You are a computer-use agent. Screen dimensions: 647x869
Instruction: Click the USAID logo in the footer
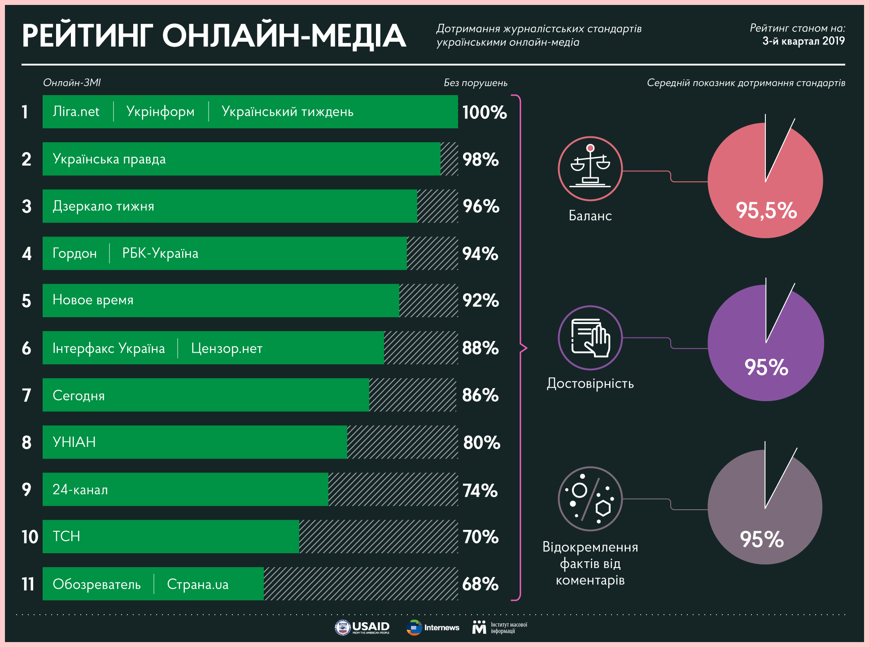click(362, 627)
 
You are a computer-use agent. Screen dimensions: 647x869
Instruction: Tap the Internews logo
click(433, 627)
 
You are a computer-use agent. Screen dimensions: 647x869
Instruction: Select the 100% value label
click(485, 112)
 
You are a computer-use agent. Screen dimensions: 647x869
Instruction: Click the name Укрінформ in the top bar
click(160, 112)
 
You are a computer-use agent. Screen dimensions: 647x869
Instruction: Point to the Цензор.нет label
click(227, 348)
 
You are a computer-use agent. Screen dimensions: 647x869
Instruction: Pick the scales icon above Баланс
click(590, 168)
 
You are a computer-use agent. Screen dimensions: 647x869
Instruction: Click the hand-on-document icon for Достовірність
click(590, 338)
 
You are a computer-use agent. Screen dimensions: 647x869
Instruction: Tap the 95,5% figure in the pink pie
click(766, 210)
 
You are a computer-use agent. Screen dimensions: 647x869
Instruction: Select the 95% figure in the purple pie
click(766, 367)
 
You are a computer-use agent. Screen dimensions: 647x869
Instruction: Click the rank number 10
click(30, 537)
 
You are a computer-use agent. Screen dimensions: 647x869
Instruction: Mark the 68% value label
click(480, 584)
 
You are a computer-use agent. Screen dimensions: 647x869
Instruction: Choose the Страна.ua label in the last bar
click(197, 584)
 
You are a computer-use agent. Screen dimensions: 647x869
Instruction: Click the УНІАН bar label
click(74, 442)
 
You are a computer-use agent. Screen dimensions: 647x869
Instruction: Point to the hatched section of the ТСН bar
click(378, 537)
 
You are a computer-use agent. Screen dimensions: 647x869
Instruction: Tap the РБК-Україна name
click(160, 254)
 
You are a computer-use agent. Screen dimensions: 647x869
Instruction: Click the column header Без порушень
click(476, 83)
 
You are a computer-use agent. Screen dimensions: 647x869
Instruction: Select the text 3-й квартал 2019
click(803, 41)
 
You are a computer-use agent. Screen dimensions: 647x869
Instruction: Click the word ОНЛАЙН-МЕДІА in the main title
click(284, 36)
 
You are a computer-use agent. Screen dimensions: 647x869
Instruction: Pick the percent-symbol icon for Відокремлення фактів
click(590, 498)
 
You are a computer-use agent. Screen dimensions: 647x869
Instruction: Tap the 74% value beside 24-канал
click(480, 490)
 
